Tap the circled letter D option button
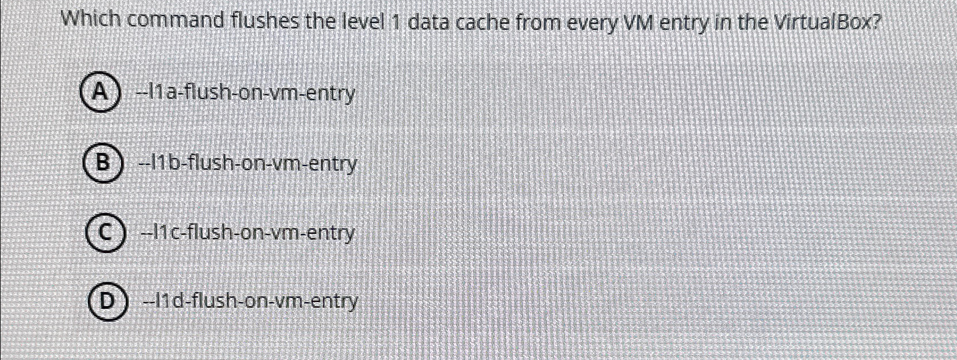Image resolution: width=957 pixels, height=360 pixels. [x=106, y=301]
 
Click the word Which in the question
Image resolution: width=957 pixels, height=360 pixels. [x=90, y=20]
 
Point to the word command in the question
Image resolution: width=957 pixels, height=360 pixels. [x=176, y=22]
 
